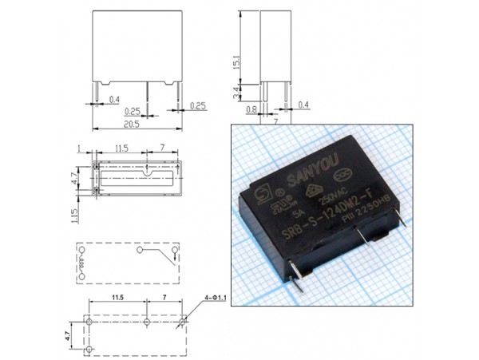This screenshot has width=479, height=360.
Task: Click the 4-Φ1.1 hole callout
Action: pos(216,298)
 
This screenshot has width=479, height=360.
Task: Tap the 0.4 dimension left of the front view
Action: pos(113,99)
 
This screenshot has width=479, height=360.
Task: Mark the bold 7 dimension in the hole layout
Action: pos(164,297)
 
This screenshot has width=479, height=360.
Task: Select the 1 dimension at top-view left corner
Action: pos(81,148)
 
